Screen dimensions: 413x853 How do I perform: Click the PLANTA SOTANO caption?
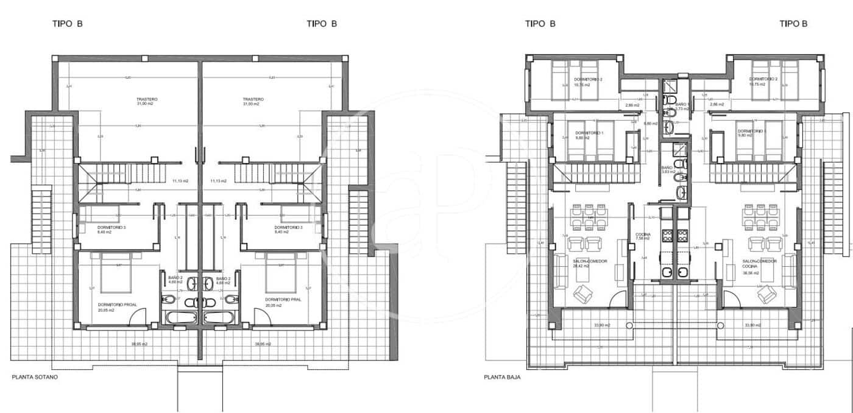pos(35,378)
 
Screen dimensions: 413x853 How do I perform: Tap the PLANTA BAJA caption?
pos(502,377)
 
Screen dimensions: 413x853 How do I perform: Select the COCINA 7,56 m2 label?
pos(643,236)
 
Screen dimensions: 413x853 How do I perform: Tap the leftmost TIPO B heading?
pos(67,24)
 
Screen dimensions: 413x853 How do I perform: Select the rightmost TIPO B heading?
pos(793,24)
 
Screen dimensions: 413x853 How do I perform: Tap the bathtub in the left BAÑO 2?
pos(181,318)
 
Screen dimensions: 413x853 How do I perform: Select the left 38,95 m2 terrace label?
pos(139,344)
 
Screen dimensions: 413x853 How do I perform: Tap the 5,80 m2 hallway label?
pos(651,124)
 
